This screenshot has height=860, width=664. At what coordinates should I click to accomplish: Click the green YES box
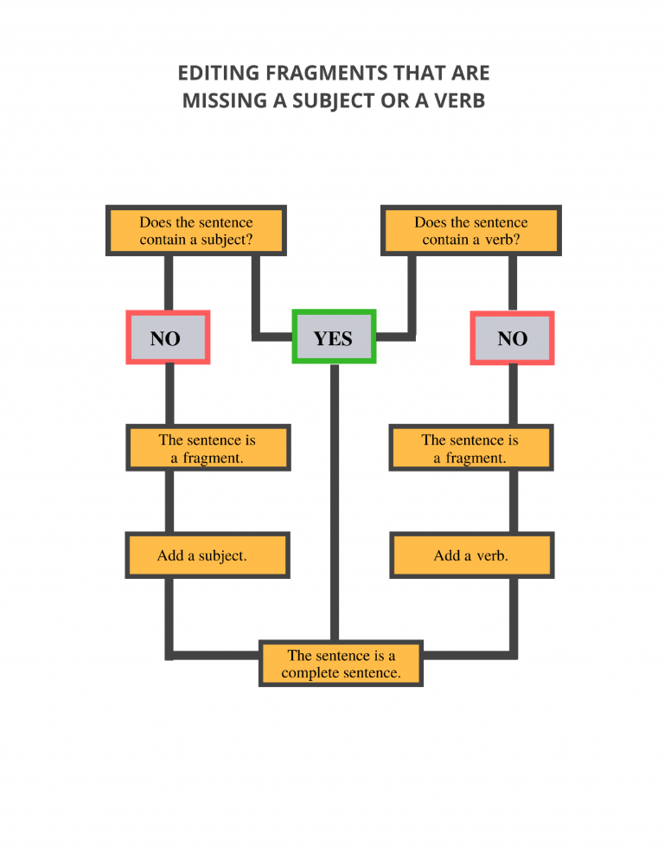point(334,337)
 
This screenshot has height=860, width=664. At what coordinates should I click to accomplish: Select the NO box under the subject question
point(168,337)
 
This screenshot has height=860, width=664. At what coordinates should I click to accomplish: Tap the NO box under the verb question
point(512,337)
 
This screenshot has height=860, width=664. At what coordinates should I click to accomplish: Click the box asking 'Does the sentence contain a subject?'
point(196,231)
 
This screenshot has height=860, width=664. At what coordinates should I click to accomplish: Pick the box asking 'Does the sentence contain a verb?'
point(471,231)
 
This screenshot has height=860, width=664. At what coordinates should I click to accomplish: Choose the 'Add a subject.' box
point(207,555)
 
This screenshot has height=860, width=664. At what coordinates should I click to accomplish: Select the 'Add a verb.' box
point(472,555)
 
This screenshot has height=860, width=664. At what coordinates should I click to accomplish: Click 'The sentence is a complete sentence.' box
point(341,664)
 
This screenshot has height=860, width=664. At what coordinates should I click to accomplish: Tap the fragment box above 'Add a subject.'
point(207,448)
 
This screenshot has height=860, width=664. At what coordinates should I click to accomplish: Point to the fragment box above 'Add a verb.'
point(471,448)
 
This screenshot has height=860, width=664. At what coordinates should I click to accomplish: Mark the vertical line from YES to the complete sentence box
point(335,502)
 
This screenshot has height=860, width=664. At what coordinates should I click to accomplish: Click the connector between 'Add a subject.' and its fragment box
point(169,502)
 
